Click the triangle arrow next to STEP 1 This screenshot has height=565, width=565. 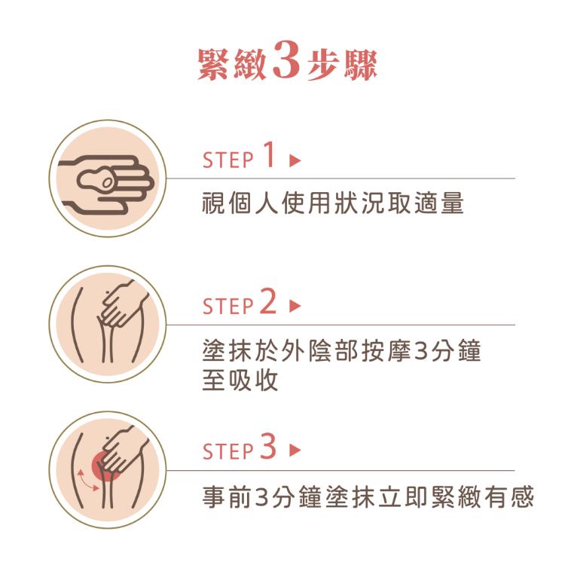click(x=295, y=160)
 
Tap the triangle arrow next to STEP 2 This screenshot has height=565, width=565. click(x=295, y=307)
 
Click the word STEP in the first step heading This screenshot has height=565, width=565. click(x=228, y=160)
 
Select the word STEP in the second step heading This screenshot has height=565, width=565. click(x=228, y=307)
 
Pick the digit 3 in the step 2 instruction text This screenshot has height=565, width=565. click(x=422, y=351)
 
